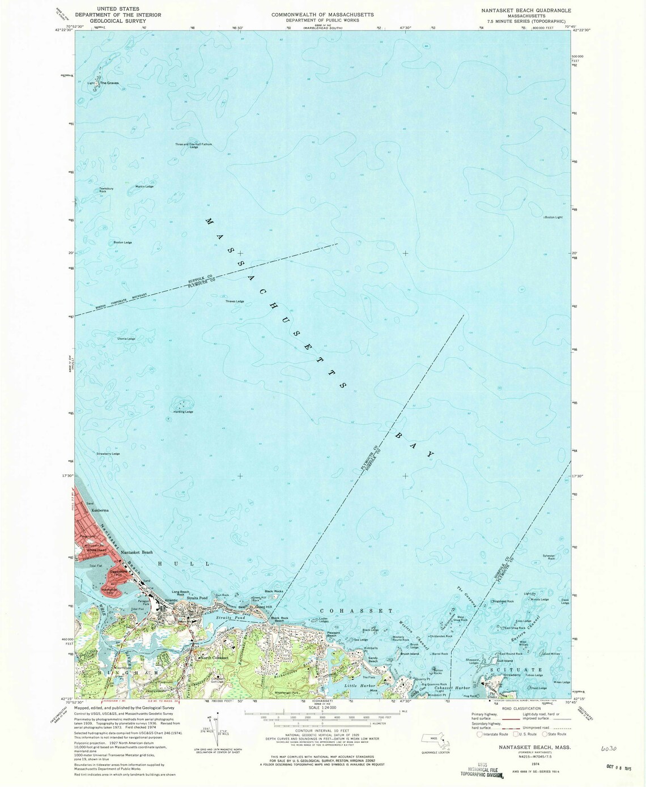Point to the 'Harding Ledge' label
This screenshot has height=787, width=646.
[x=184, y=412]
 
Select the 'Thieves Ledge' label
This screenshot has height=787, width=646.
[x=235, y=301]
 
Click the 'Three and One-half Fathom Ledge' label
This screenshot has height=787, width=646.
[x=193, y=146]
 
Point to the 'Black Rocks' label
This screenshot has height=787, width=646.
[x=274, y=592]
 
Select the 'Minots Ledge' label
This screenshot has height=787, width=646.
[x=539, y=599]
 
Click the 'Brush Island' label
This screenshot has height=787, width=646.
[x=409, y=654]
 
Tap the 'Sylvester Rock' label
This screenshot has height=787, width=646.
[x=549, y=557]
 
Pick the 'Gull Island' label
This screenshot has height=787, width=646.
[x=505, y=661]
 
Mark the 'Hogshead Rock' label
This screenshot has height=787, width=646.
[x=503, y=601]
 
